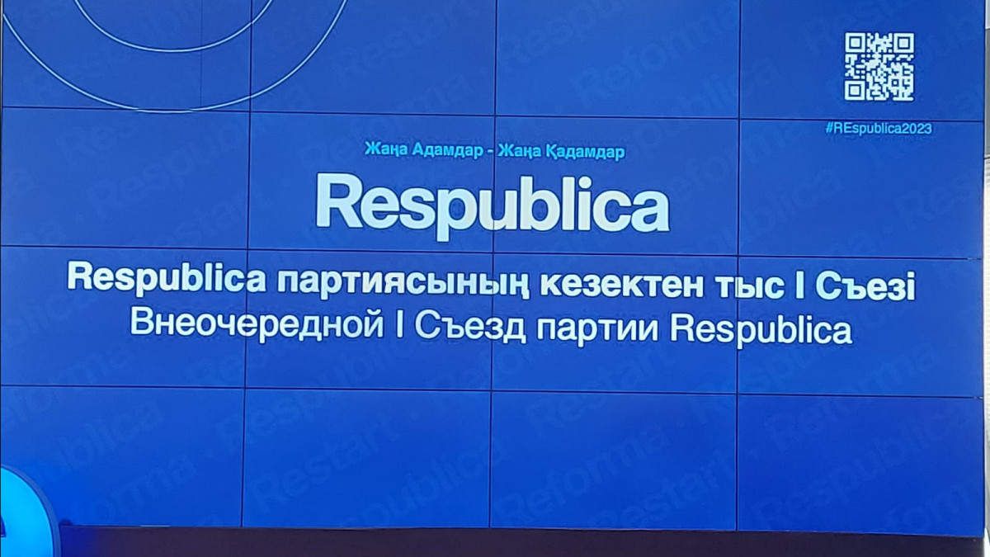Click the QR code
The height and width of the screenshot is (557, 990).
pos(879,67)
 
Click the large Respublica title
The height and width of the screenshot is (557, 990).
pos(493,202)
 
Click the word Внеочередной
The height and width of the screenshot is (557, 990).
pos(255,326)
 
